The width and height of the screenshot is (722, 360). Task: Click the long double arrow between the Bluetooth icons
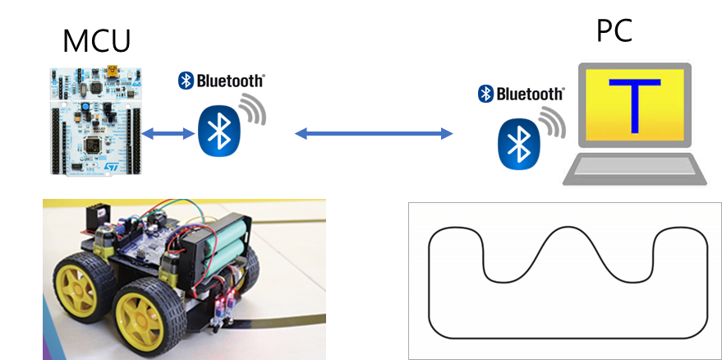(x=375, y=132)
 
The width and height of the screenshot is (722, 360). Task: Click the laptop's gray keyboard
(x=633, y=168)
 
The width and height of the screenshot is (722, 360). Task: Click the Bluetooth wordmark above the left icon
(x=222, y=80)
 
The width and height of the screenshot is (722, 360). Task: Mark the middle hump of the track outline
(x=568, y=239)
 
